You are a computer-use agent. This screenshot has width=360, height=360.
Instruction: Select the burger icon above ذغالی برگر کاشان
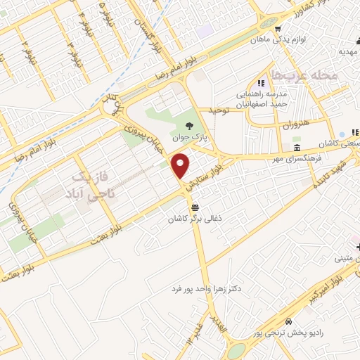pos(195,207)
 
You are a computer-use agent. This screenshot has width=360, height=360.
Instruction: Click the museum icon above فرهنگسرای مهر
pos(298,149)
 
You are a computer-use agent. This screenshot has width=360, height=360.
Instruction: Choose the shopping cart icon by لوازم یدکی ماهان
pos(279,30)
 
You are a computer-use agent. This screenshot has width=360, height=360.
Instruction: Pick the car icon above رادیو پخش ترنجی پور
pos(240,319)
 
